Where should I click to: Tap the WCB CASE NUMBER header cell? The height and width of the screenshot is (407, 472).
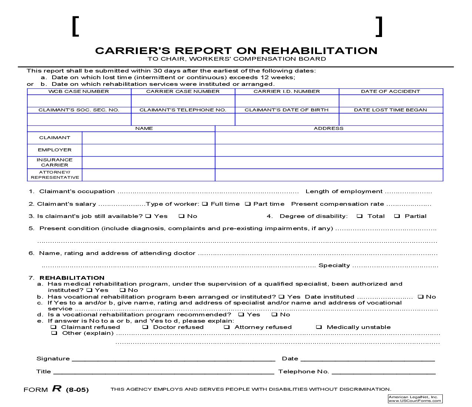coord(79,91)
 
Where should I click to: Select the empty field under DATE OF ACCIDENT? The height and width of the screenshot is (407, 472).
coord(391,101)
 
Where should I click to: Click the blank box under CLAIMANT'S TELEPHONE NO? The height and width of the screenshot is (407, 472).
coord(183,119)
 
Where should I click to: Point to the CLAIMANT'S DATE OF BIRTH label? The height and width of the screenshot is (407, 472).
coord(287,110)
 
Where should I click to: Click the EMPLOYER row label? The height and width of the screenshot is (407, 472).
coord(54,150)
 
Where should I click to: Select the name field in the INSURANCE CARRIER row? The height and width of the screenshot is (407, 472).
coord(148,162)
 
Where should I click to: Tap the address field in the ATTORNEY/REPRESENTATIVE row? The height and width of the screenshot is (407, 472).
coord(329,175)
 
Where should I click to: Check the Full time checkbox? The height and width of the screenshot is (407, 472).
coord(205,204)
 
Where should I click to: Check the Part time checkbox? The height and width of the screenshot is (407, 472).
coord(248,204)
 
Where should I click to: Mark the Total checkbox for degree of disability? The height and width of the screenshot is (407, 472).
coord(359,216)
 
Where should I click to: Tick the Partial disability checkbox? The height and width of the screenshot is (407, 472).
coord(397,216)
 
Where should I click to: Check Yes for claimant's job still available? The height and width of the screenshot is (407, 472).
coord(148,216)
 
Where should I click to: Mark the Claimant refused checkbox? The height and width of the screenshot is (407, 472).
coord(54,327)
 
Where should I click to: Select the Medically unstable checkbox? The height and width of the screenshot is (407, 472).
coord(319,327)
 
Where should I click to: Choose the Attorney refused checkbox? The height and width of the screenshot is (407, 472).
coord(227,327)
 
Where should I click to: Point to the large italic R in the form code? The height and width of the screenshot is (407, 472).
coord(57,388)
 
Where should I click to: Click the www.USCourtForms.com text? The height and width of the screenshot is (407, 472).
coord(415,401)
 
